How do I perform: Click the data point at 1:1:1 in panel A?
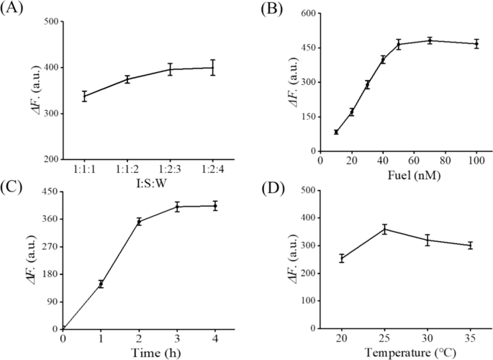[84, 96]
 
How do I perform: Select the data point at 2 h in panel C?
[139, 221]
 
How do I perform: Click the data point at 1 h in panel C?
[101, 284]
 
